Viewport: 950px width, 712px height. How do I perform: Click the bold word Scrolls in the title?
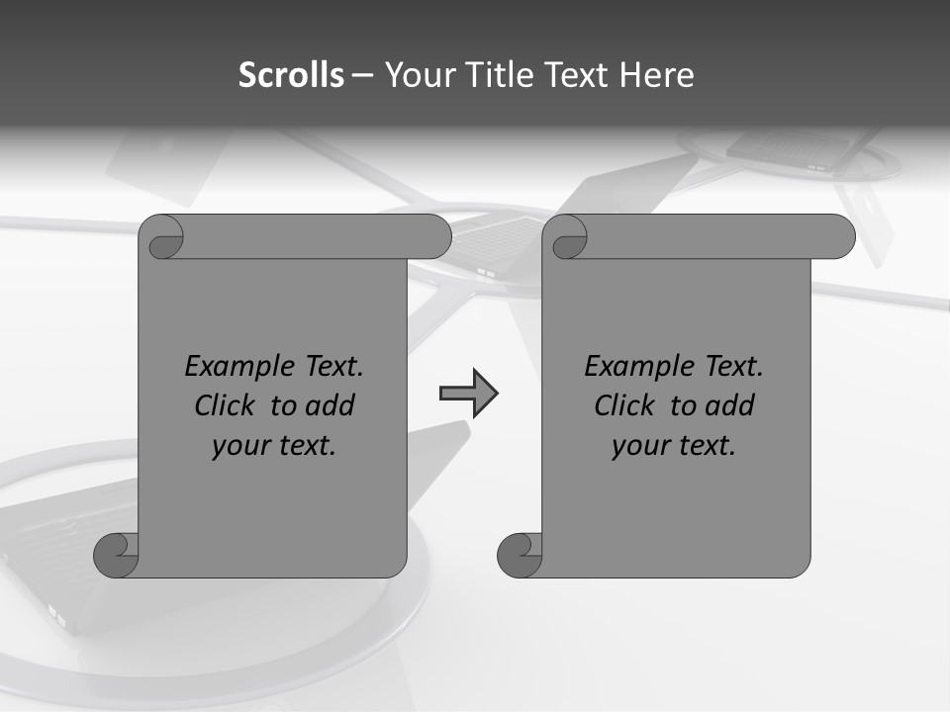292,75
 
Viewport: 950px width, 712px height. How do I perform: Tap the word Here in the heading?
656,75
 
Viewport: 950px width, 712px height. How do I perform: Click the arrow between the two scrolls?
468,394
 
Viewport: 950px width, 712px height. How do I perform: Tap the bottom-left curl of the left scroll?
116,555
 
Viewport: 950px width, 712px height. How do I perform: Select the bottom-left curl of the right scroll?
520,555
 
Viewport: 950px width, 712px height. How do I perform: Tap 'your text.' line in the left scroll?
274,446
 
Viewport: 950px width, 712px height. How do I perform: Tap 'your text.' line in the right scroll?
674,446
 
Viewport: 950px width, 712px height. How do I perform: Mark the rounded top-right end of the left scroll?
435,236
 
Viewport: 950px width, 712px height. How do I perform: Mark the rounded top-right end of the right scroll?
839,236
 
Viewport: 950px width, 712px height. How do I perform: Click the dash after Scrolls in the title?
362,75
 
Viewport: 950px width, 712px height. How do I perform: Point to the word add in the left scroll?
330,405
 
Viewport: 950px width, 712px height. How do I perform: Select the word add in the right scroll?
729,405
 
